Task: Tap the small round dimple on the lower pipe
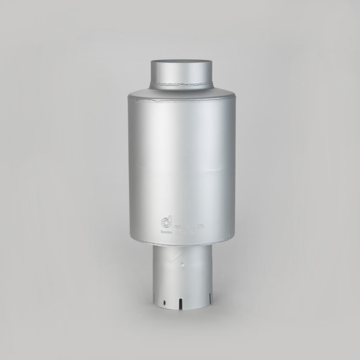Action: tap(183, 265)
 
